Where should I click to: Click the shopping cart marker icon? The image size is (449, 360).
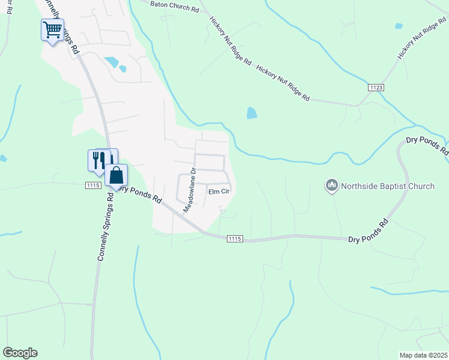pos(53,29)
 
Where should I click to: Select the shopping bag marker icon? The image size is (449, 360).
pos(116,176)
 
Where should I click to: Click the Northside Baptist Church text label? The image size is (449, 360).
pos(388,186)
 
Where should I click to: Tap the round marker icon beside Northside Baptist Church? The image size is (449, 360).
pos(331,186)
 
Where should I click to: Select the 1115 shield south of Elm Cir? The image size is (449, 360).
pos(235,239)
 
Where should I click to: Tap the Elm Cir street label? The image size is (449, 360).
pos(219,192)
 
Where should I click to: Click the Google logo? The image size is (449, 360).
pos(20,353)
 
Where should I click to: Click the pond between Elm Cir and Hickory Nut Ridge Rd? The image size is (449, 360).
pos(252,113)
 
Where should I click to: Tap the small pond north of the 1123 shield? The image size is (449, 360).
pos(399,26)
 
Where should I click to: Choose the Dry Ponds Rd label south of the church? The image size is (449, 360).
pos(368,232)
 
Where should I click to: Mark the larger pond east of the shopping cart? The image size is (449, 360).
pos(111,61)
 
